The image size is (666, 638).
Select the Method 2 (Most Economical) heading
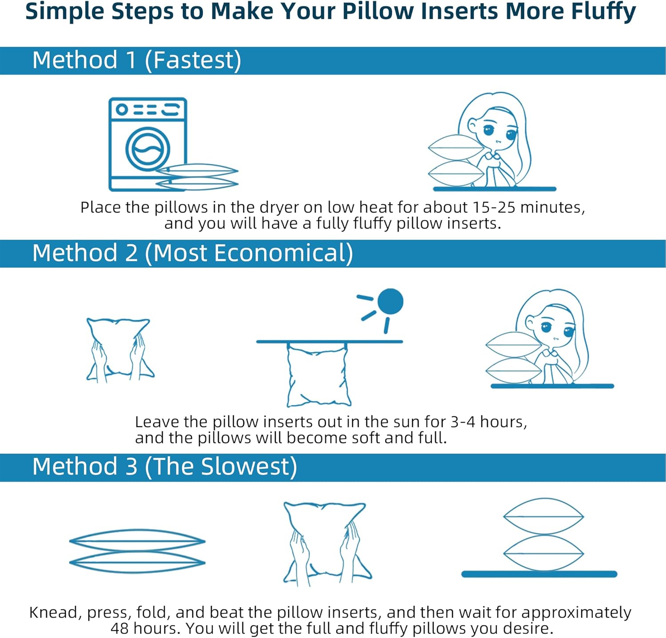click(x=192, y=253)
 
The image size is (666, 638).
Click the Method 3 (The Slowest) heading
click(x=164, y=467)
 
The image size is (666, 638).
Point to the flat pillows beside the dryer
click(x=198, y=177)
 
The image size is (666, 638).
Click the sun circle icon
click(x=390, y=301)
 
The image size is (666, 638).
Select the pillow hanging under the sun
click(x=317, y=375)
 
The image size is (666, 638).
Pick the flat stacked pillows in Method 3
click(x=137, y=551)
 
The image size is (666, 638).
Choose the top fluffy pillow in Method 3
click(x=543, y=517)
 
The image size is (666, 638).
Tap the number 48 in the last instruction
click(x=120, y=628)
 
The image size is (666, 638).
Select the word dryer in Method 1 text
click(x=279, y=207)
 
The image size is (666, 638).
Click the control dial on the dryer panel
click(x=122, y=109)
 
